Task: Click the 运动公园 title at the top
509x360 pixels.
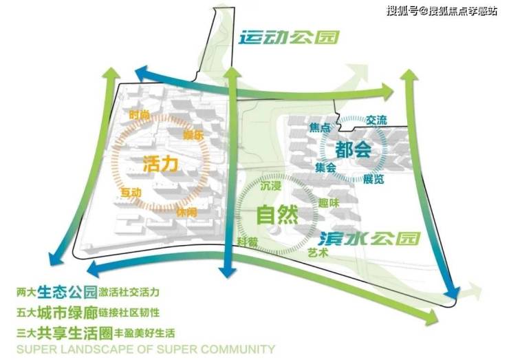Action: coord(290,37)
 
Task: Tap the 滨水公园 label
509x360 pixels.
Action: coord(370,238)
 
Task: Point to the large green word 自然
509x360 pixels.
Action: coord(277,215)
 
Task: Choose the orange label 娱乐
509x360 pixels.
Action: coord(195,135)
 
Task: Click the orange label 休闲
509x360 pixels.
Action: coord(186,212)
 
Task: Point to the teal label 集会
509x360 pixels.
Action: coord(325,167)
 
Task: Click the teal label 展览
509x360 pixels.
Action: coord(374,179)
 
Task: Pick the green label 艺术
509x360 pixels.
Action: coord(318,253)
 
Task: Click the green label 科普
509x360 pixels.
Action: coord(248,240)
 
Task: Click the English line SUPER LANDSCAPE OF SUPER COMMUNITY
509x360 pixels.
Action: coord(145,348)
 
